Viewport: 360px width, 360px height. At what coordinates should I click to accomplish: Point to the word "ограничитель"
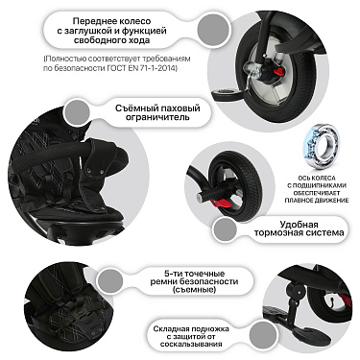tap(157, 117)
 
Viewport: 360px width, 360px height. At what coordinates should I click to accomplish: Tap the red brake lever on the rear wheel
tap(221, 203)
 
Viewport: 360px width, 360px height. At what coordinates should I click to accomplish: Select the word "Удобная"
tap(299, 224)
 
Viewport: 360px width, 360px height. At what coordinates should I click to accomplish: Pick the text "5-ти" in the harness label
tap(172, 274)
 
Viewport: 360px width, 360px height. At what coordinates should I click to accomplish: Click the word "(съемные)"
tap(194, 290)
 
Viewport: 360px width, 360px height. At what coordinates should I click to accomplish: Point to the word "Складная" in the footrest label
tap(169, 329)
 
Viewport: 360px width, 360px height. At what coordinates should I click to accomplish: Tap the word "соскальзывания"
tap(191, 345)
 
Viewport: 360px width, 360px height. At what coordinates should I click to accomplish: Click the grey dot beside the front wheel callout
tap(210, 29)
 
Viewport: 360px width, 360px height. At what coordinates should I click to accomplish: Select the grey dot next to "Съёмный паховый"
tap(77, 112)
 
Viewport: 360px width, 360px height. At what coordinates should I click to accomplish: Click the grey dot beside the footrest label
tap(262, 334)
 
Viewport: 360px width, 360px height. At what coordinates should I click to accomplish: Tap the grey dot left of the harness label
tap(110, 281)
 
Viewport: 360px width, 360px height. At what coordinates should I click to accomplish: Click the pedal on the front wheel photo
tap(227, 94)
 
